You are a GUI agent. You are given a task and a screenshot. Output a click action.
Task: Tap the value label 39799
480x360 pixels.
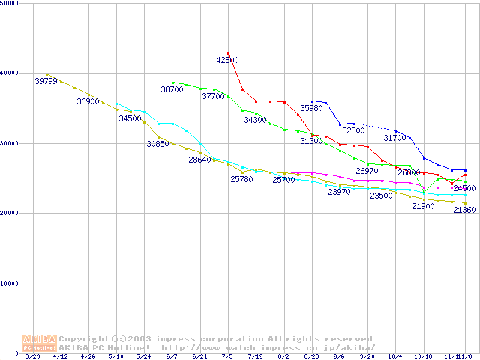pos(46,81)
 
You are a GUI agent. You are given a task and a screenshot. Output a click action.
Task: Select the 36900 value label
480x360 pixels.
pos(88,101)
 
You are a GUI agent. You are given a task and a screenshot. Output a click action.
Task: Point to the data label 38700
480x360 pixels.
pos(172,89)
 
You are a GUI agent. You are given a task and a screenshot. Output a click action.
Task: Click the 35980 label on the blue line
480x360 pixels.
pos(311,109)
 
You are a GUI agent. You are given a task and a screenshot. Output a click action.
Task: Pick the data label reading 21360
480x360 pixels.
pos(464,211)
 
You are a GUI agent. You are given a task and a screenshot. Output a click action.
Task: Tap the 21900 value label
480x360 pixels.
pos(423,206)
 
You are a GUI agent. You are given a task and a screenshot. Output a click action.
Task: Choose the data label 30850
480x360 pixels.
pos(157,143)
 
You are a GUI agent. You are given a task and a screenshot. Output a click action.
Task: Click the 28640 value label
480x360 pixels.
pos(199,160)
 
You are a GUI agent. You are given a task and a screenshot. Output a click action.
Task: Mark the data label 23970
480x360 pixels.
pos(339,193)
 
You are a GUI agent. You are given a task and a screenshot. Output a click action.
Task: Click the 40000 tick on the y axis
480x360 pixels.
pos(10,73)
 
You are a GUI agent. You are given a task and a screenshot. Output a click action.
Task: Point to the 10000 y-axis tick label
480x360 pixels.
pos(10,283)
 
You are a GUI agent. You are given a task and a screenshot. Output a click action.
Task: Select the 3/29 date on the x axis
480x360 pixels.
pos(32,357)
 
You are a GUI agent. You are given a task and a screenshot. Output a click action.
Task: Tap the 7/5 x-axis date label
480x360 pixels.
pos(228,357)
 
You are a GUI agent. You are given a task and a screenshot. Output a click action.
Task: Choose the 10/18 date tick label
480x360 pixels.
pos(424,357)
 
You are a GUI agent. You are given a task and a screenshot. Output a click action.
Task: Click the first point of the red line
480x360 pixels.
pos(228,54)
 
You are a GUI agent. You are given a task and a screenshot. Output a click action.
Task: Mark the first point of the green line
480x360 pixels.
pos(172,82)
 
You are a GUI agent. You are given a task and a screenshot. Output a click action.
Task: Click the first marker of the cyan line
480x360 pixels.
pos(116,103)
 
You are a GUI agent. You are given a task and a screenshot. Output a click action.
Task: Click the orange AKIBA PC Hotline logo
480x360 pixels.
pos(39,342)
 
